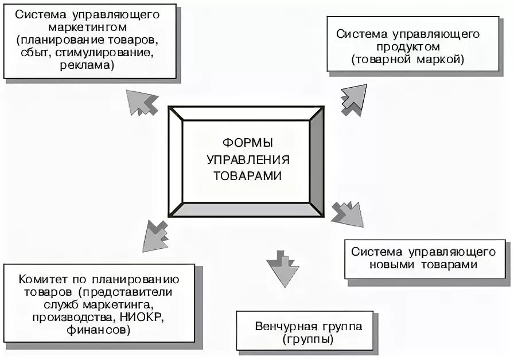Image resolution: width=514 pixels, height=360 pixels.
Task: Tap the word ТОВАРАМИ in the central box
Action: [248, 175]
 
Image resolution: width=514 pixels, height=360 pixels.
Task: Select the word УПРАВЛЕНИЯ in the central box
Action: [248, 159]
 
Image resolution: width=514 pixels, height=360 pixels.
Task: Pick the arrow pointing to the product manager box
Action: [353, 99]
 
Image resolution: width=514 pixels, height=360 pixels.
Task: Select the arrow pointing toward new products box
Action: [348, 214]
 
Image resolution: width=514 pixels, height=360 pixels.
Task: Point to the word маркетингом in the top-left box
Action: [88, 27]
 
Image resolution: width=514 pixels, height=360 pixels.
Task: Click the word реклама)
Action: [87, 65]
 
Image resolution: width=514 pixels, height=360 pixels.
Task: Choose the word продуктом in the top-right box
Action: [407, 46]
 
